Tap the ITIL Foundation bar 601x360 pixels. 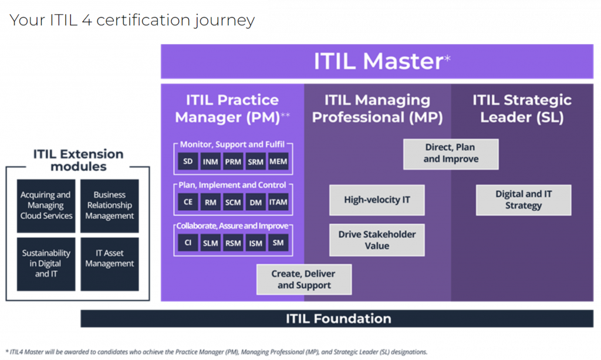[x=339, y=319]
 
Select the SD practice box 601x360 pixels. [x=188, y=162]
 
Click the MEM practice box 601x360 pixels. [x=278, y=162]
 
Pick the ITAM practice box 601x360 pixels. [x=278, y=202]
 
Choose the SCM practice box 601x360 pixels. [x=233, y=202]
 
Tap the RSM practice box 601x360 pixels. [x=233, y=243]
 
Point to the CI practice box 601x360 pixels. [x=188, y=243]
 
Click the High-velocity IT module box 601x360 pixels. [x=377, y=200]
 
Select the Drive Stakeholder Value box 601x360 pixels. [x=377, y=240]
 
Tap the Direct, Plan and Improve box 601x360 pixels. [x=451, y=154]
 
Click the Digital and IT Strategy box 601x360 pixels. [x=524, y=200]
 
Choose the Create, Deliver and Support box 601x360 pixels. [x=304, y=280]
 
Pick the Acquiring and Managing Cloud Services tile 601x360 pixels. [x=46, y=206]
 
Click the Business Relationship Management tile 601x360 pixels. [x=110, y=206]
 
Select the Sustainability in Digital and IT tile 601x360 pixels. [x=46, y=264]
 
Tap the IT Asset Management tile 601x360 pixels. [x=110, y=258]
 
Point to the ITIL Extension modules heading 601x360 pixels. [x=78, y=160]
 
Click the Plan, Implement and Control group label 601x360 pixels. [x=233, y=186]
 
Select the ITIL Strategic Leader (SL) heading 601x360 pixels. [x=522, y=108]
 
